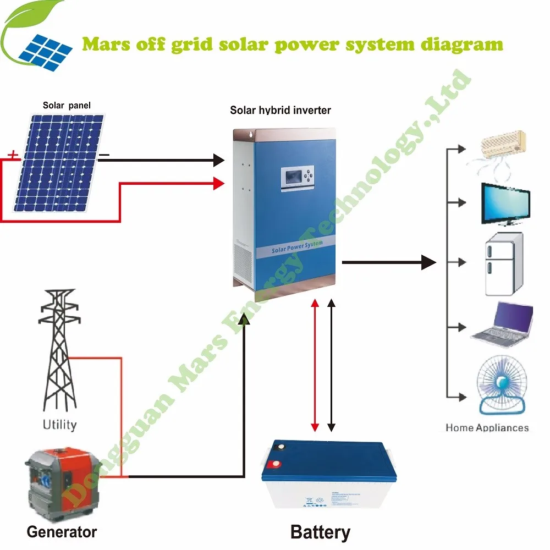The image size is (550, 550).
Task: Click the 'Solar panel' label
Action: coord(67,105)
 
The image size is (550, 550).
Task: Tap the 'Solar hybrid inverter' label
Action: coord(280,111)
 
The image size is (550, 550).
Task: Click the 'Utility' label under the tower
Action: coord(60,424)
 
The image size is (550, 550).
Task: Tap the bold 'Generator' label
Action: coord(62,532)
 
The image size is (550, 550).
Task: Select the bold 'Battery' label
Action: coord(320,532)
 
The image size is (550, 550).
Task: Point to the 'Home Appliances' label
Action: coord(487,427)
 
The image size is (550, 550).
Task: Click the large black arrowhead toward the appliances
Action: coord(428,262)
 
